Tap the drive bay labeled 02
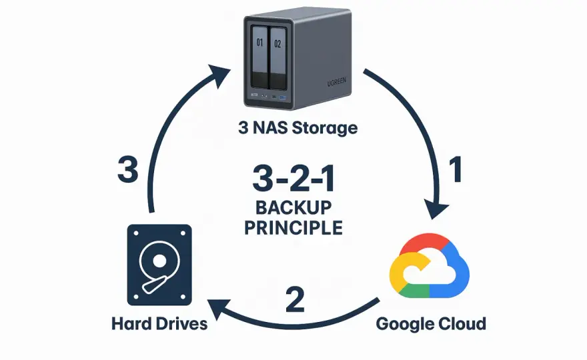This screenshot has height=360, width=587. pos(277,58)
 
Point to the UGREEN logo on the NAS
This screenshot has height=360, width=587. pos(337,81)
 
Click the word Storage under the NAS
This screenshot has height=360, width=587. pos(325,128)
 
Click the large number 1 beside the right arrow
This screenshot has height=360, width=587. pos(456,169)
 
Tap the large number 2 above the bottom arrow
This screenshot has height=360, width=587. pos(295,299)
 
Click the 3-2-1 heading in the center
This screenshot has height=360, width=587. pos(293,179)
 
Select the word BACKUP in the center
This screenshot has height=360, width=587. pos(293,208)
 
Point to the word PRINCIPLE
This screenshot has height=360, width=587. pos(293,228)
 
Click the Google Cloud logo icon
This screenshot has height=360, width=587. pos(430,265)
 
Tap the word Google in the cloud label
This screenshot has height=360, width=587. pos(402,324)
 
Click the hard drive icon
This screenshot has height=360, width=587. pos(159,265)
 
